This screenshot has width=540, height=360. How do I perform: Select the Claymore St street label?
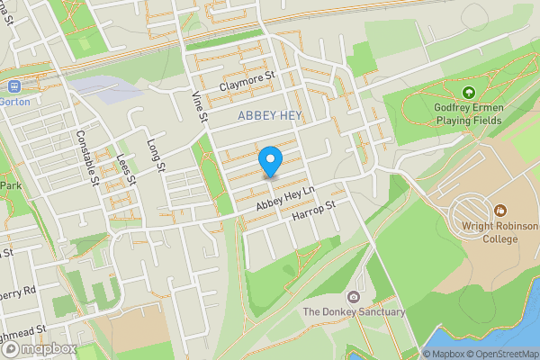coord(246,86)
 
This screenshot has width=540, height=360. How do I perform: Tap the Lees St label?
coord(125,167)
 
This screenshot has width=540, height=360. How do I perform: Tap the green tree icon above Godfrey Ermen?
coord(468,93)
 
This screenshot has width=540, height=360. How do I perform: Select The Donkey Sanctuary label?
coord(354,311)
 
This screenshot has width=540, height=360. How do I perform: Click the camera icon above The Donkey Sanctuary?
coord(354,297)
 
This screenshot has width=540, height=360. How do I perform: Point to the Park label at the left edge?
coord(11,185)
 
